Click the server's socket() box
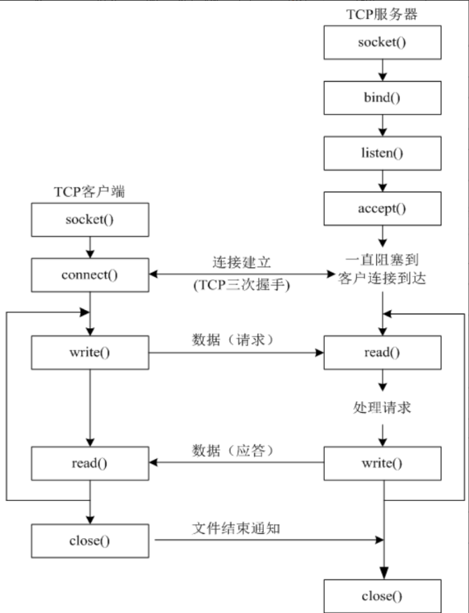(382, 43)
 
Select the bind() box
(382, 97)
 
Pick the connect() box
(90, 274)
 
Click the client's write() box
(90, 352)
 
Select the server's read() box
(382, 352)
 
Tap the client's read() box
(90, 463)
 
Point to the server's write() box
(382, 463)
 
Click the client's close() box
(90, 540)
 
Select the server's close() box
(382, 596)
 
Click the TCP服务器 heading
(382, 13)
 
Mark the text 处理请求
(382, 408)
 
